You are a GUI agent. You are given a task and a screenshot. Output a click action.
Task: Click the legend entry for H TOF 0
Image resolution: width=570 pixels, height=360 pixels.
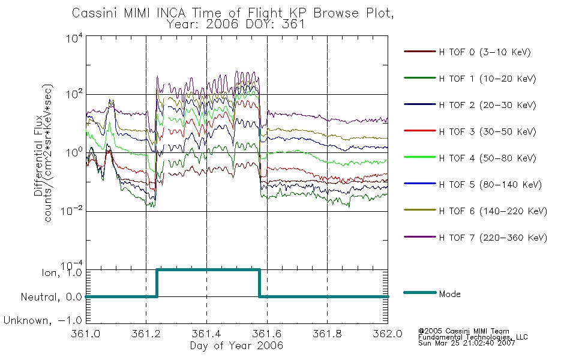coord(485,52)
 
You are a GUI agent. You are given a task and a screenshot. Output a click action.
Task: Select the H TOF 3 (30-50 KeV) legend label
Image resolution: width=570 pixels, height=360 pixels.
coord(487,131)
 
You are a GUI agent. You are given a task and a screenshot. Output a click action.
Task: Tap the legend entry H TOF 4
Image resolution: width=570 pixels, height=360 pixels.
coord(487,158)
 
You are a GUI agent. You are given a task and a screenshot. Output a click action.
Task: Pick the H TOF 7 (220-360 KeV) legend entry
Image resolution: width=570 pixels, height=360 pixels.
coord(493,238)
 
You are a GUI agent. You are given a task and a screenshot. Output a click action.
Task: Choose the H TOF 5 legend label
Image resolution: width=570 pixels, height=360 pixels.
coord(490,185)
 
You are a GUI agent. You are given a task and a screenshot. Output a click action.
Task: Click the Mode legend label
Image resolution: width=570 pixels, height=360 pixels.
coord(449,294)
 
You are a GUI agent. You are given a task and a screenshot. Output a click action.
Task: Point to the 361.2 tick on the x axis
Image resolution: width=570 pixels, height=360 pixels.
coord(146,334)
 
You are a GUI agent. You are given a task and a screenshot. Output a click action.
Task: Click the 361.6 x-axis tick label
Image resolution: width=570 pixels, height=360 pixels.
coord(267,334)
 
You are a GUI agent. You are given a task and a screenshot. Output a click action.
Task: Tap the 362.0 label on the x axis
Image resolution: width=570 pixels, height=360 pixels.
coord(388,334)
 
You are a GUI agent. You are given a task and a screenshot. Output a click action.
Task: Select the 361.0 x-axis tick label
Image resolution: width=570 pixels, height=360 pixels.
coord(85,334)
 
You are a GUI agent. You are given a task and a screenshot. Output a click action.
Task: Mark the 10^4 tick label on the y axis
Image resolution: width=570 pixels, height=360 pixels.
coord(74,38)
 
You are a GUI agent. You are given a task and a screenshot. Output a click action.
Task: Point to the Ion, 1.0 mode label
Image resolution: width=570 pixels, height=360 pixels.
coord(62,272)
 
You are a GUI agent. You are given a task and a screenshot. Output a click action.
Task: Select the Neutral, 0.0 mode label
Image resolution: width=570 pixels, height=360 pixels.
coord(52,297)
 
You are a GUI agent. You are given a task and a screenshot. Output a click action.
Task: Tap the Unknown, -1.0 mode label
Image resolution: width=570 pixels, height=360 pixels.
coord(43,320)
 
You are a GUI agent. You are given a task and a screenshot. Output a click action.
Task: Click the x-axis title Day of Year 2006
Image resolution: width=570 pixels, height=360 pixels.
coord(236,346)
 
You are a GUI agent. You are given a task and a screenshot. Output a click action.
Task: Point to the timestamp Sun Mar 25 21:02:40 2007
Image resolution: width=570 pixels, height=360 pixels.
coord(467,343)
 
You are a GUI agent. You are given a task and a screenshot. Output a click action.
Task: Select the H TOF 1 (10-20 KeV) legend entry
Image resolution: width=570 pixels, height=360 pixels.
coord(487,79)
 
